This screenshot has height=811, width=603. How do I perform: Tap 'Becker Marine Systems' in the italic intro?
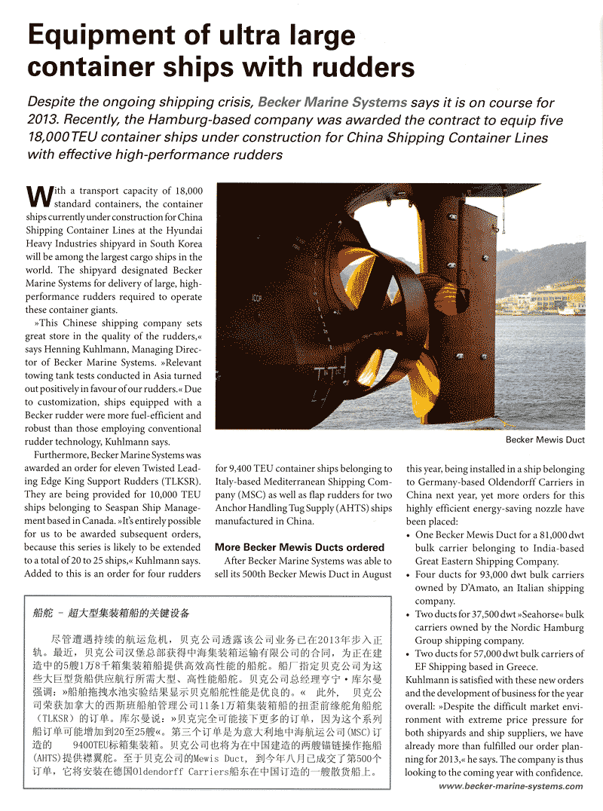click(332, 103)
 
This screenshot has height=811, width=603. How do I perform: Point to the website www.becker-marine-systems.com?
click(510, 786)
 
